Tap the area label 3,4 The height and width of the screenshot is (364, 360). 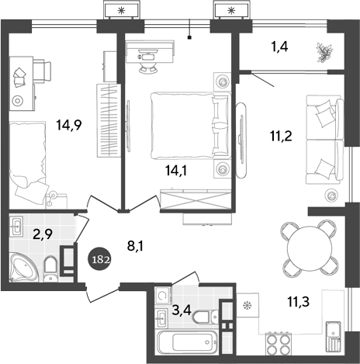(x=181, y=311)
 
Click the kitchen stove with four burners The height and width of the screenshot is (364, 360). (x=279, y=343)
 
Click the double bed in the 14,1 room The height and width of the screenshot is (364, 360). (x=186, y=124)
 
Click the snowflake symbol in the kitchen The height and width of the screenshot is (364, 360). (x=249, y=305)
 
